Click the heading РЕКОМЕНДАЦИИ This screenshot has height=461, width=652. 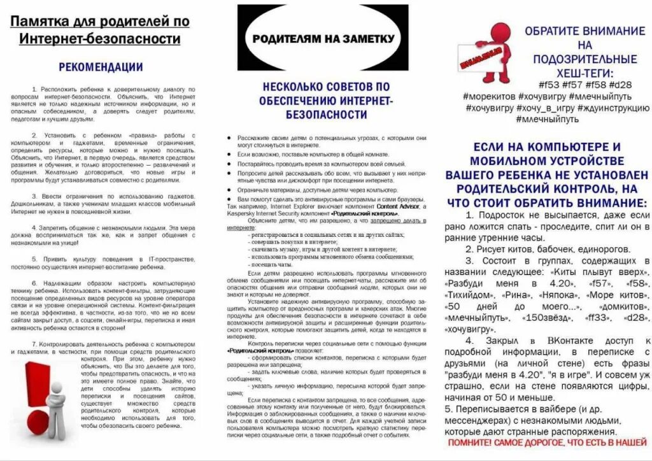point(101,66)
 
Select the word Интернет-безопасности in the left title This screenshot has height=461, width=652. point(100,39)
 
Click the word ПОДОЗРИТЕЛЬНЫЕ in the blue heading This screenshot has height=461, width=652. point(584,59)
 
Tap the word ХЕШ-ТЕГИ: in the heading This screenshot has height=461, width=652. point(584,73)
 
